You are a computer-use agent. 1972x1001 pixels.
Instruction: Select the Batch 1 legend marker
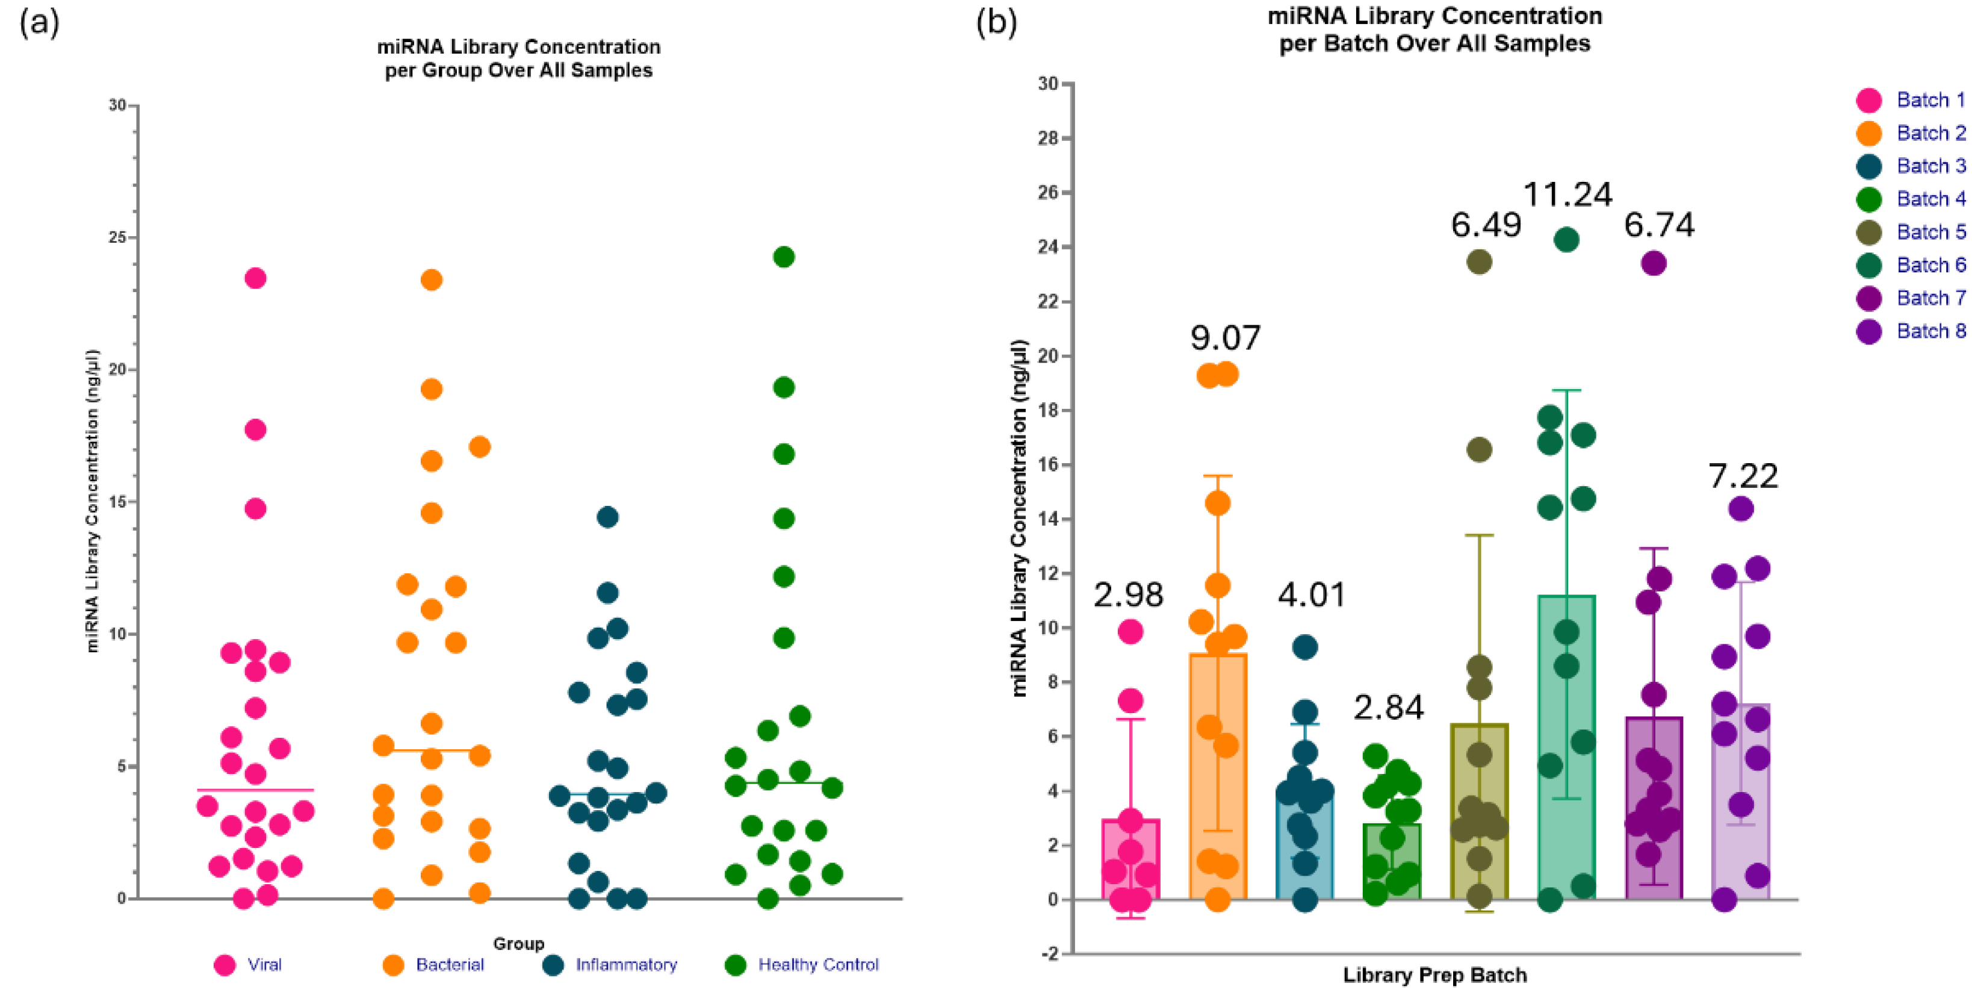click(x=1868, y=101)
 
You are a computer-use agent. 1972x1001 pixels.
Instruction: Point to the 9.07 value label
click(x=1225, y=338)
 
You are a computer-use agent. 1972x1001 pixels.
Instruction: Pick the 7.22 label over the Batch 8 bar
click(x=1743, y=476)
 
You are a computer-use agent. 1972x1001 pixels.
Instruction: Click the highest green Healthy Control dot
click(x=783, y=257)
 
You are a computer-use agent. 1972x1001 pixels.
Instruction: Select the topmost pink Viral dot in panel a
click(x=255, y=278)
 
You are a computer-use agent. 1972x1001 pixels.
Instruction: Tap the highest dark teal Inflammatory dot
click(x=607, y=517)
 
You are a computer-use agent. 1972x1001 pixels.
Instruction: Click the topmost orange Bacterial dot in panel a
click(x=431, y=279)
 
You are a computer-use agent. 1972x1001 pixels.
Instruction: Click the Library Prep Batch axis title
click(x=1434, y=975)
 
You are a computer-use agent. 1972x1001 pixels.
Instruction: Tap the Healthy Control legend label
click(x=817, y=964)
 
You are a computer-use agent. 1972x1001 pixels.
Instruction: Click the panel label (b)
click(x=997, y=23)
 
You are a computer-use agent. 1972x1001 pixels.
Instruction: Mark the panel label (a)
click(x=39, y=23)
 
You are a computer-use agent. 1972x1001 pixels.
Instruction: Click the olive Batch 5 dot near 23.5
click(x=1479, y=262)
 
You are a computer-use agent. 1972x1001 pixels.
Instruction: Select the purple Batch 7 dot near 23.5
click(x=1654, y=263)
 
